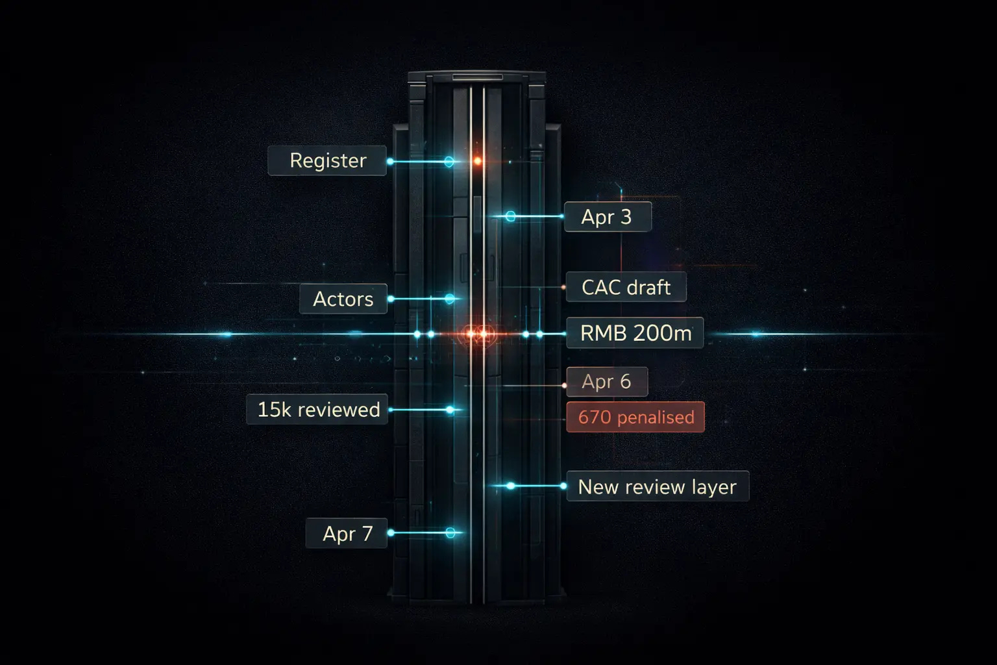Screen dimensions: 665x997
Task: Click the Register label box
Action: pyautogui.click(x=327, y=160)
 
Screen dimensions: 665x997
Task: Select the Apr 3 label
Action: pyautogui.click(x=607, y=217)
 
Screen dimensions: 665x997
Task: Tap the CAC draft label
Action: pyautogui.click(x=626, y=287)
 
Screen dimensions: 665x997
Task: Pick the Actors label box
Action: pyautogui.click(x=343, y=299)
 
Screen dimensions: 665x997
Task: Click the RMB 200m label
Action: pyautogui.click(x=635, y=333)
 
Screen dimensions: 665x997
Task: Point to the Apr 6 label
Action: pyautogui.click(x=606, y=382)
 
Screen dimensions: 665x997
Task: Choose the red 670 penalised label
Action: pyautogui.click(x=635, y=417)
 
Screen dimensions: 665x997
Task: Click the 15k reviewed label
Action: pyautogui.click(x=317, y=409)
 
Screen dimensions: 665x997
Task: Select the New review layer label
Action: pyautogui.click(x=657, y=486)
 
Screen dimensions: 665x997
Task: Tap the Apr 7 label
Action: pyautogui.click(x=347, y=533)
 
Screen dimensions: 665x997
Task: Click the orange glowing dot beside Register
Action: pyautogui.click(x=477, y=160)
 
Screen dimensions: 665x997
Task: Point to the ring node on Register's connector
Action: pyautogui.click(x=449, y=161)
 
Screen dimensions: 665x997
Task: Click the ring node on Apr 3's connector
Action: pyautogui.click(x=510, y=216)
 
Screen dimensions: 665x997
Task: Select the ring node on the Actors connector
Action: pyautogui.click(x=449, y=299)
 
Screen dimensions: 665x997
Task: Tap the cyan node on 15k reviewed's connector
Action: pyautogui.click(x=450, y=410)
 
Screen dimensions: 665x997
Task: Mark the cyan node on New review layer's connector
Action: pyautogui.click(x=511, y=486)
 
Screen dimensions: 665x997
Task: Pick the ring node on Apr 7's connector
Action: pyautogui.click(x=450, y=533)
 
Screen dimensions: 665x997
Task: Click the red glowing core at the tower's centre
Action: pyautogui.click(x=477, y=334)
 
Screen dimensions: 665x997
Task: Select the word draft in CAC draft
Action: pyautogui.click(x=650, y=287)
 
